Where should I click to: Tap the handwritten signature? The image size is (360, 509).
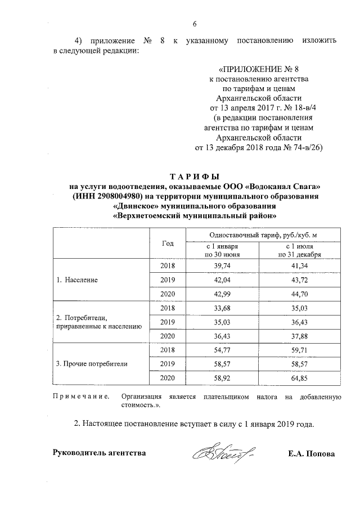[224, 452]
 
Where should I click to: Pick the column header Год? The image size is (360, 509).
[167, 243]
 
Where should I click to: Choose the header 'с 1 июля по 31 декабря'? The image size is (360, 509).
[303, 250]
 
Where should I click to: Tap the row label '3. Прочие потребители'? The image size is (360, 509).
[92, 364]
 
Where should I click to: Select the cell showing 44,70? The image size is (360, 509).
[303, 294]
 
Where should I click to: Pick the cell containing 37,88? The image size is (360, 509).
[303, 336]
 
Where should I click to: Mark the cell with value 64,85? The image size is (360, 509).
[303, 378]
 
